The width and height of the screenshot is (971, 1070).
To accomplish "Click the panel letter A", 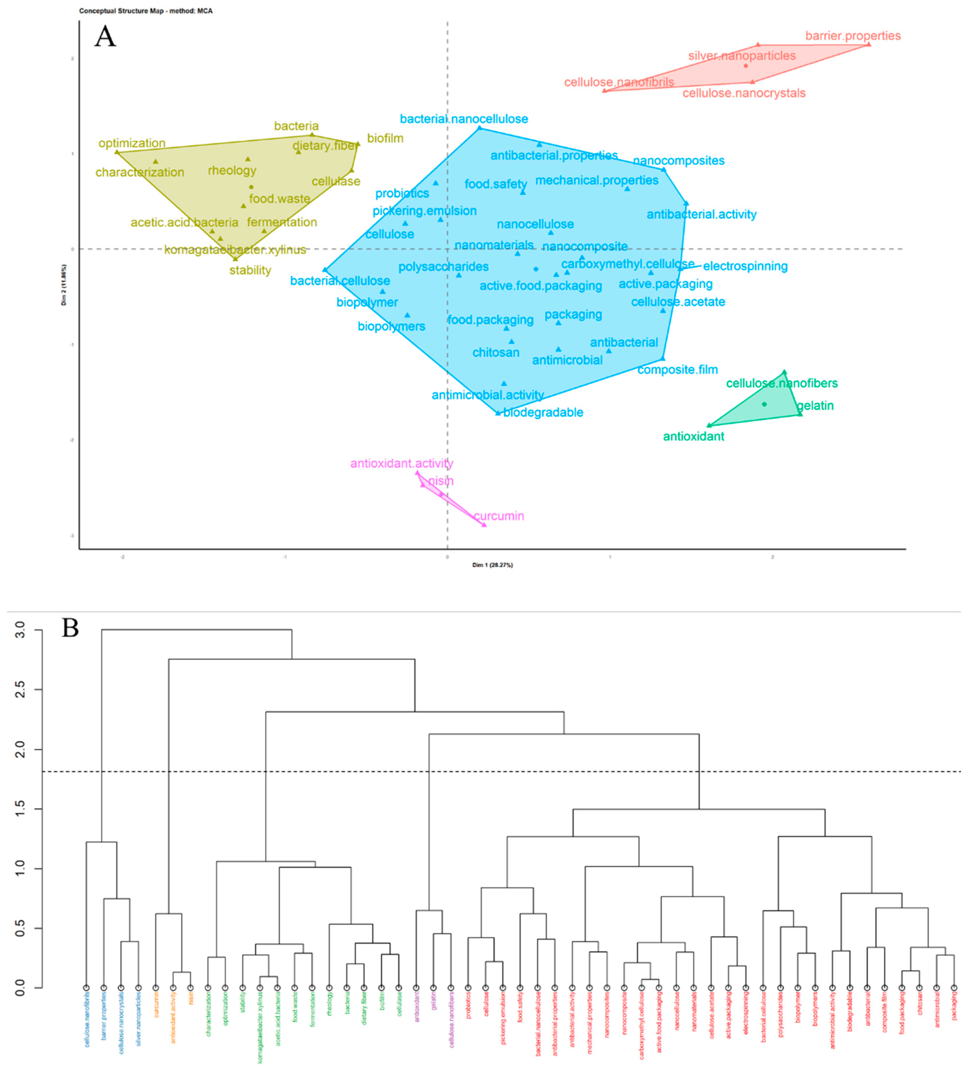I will pos(105,37).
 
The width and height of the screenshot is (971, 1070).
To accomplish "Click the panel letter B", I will pos(70,628).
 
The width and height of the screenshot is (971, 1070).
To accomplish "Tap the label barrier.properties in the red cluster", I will pos(853,36).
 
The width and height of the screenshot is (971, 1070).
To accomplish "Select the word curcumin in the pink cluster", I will pos(499,516).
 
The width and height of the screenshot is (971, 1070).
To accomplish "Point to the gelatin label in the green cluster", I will pos(816,406).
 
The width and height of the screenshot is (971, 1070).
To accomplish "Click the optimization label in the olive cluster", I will pos(132,143).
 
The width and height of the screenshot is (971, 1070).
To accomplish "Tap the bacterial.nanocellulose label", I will pos(464,119).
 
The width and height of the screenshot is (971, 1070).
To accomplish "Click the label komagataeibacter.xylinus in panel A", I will pos(235,250).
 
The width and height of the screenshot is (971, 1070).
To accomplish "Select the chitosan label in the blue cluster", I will pos(496,353).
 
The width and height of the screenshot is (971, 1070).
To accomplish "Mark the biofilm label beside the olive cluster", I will pos(385,138).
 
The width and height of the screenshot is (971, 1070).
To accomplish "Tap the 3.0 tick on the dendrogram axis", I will pos(20,630).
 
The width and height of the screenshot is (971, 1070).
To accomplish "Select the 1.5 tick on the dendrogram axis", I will pos(20,809).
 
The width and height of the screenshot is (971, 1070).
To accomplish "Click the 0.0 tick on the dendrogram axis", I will pos(20,988).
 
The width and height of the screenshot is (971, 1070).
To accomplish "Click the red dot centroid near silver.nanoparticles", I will pos(746,66).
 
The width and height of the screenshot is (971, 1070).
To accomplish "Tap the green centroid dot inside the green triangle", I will pos(764,404).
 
